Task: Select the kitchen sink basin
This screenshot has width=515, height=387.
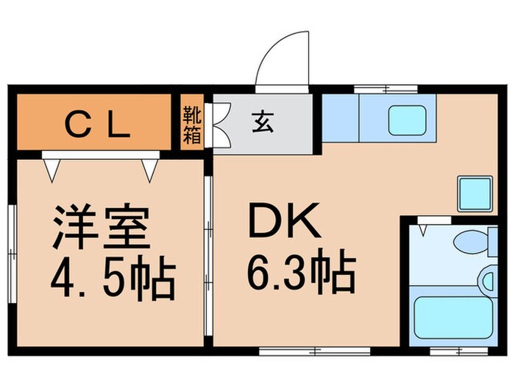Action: coord(408,119)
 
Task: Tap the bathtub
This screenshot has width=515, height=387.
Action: coord(451,315)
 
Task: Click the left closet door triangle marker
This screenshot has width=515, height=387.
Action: coord(51,170)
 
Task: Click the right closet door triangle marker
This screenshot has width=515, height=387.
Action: coord(150,170)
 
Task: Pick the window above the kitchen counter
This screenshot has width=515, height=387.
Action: coord(386,89)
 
